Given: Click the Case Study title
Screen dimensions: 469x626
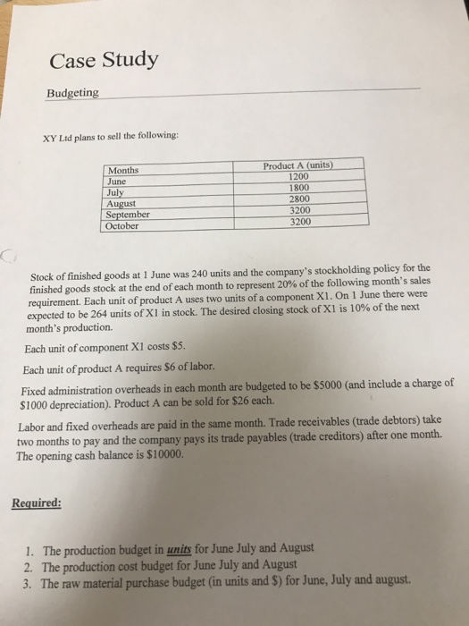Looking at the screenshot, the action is [104, 60].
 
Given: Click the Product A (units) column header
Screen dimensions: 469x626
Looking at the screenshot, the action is [298, 165].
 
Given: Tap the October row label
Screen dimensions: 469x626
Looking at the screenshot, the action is [123, 226].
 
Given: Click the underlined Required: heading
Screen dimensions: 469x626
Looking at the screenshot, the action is [37, 503].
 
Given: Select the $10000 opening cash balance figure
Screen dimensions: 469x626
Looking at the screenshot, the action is [162, 454].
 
